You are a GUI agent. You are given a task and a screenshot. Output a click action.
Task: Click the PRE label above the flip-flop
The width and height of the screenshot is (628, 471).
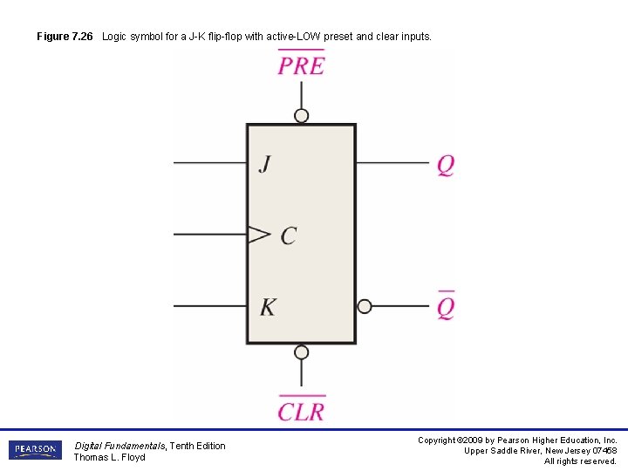(301, 65)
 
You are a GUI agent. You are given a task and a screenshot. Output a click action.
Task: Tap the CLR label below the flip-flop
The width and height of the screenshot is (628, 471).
(301, 411)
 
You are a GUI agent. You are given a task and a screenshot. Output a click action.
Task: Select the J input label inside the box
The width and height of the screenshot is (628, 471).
(264, 164)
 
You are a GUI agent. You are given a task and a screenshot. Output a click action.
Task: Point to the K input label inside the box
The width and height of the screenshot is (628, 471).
(268, 307)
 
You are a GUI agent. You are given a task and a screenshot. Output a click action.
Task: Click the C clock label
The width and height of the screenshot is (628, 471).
(289, 235)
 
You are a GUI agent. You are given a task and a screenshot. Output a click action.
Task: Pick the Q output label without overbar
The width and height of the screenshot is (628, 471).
(446, 165)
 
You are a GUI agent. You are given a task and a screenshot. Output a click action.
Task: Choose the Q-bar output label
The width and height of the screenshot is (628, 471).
(446, 306)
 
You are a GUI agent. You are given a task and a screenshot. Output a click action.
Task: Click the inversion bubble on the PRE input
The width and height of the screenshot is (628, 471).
(302, 116)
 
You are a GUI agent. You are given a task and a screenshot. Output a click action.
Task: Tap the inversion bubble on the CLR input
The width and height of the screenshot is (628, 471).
(302, 352)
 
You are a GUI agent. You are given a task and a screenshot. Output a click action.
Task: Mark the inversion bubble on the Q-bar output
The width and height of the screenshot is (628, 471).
(365, 306)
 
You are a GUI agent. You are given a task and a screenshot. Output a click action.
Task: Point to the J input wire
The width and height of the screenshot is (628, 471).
(209, 162)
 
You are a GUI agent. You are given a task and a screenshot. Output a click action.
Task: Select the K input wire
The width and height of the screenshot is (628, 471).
(209, 306)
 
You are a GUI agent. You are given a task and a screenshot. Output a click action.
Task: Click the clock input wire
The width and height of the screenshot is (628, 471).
(209, 234)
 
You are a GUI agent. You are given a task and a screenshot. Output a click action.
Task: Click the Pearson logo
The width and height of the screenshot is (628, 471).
(36, 450)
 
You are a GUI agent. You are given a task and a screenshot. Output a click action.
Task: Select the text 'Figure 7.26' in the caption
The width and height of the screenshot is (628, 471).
(65, 37)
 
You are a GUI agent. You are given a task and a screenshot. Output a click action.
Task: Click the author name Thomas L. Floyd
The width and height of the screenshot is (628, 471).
(109, 458)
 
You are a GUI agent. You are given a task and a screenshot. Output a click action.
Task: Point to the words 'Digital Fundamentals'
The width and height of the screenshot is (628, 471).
(119, 446)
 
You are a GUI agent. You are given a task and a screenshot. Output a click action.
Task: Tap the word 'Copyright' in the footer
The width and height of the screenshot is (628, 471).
(437, 440)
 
